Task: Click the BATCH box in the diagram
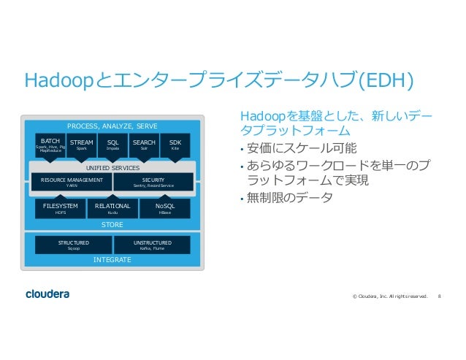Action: pyautogui.click(x=50, y=145)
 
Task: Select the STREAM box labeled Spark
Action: pyautogui.click(x=82, y=145)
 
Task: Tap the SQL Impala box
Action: pyautogui.click(x=112, y=145)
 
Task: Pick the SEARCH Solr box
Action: pyautogui.click(x=144, y=145)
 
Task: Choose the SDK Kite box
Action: pyautogui.click(x=175, y=145)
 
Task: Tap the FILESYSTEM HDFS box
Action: pyautogui.click(x=61, y=209)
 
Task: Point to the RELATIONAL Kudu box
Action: pyautogui.click(x=112, y=209)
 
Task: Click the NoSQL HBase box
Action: pyautogui.click(x=164, y=209)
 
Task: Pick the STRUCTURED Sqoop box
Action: pyautogui.click(x=74, y=245)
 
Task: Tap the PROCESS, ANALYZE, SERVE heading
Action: pyautogui.click(x=112, y=126)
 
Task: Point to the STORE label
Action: pyautogui.click(x=112, y=225)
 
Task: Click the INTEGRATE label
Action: pyautogui.click(x=112, y=260)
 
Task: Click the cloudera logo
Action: pyautogui.click(x=48, y=294)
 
